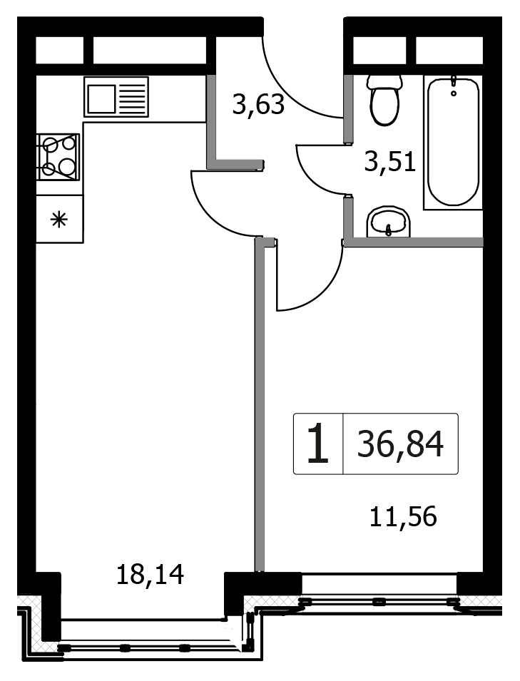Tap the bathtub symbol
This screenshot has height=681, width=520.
pos(453,142)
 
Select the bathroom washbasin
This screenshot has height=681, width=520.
pos(388,222)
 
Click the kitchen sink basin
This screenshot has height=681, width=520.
pos(102,98)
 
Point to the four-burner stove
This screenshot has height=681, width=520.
pos(59,157)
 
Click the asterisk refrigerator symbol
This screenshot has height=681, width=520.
pos(59,220)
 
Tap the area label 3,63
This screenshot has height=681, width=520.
pos(258,105)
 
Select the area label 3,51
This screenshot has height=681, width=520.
pos(390,162)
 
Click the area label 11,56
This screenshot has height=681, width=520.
pos(403,517)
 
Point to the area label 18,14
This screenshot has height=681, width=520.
pos(151,574)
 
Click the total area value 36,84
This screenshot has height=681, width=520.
pos(400,444)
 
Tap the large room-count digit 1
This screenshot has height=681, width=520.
pos(317,444)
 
